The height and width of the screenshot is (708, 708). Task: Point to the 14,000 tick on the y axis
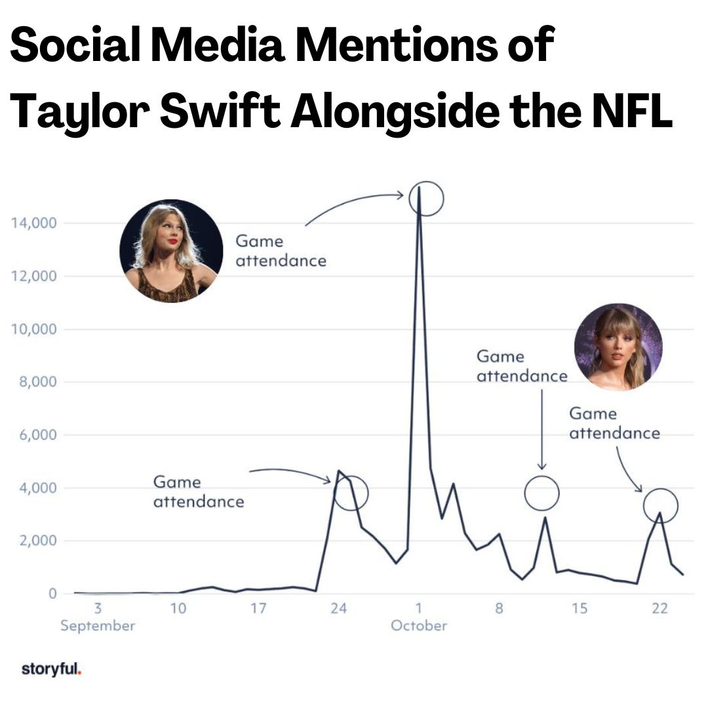[34, 223]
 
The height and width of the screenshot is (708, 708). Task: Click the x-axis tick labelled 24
[338, 609]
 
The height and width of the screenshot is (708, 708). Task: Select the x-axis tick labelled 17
[258, 609]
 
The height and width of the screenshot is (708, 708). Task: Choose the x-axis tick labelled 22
[659, 609]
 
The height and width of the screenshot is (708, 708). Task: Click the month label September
[98, 626]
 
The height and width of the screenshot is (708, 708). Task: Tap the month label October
[418, 626]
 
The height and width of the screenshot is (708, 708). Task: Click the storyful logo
[51, 669]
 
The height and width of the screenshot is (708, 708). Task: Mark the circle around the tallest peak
[426, 198]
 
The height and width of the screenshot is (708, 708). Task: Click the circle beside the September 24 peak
[351, 493]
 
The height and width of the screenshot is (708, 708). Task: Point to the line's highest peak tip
[419, 188]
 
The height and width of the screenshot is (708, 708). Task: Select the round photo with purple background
[618, 347]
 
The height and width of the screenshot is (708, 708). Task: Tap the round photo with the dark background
[171, 251]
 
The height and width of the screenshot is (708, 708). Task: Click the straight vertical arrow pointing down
[542, 429]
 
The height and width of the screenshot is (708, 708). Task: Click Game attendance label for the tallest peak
[281, 251]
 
